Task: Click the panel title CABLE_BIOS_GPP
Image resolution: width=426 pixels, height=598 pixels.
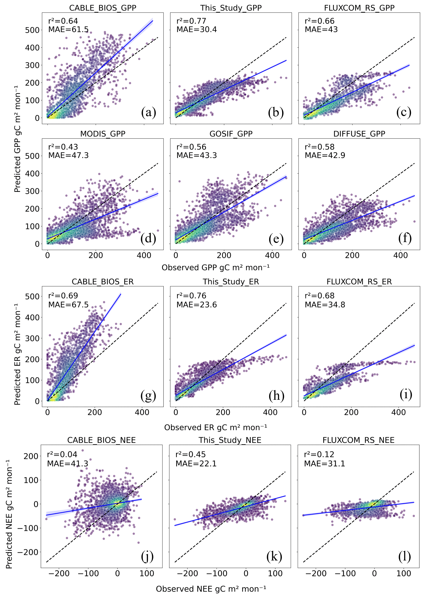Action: [x=103, y=8]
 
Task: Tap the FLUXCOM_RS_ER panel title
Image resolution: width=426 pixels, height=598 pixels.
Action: [x=359, y=282]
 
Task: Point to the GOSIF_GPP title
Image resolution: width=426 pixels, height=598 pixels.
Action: [x=231, y=134]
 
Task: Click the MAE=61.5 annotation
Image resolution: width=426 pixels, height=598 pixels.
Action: [x=68, y=29]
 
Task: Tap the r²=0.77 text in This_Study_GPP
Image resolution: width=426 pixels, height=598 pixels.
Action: [x=191, y=21]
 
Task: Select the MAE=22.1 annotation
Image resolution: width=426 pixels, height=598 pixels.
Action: [x=196, y=463]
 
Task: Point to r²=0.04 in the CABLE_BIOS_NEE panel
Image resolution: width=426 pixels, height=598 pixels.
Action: [x=62, y=454]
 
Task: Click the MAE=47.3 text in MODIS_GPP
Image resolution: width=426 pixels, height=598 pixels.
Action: [x=68, y=155]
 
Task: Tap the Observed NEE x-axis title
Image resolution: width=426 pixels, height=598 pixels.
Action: [x=211, y=589]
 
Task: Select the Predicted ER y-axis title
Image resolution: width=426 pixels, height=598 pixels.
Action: [x=17, y=354]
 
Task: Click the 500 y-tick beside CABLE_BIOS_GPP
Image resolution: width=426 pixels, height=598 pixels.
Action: [x=32, y=30]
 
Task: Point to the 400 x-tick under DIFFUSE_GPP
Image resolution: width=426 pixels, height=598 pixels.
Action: [x=400, y=255]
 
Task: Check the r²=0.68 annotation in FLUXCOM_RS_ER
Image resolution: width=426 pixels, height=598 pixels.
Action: [x=319, y=296]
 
